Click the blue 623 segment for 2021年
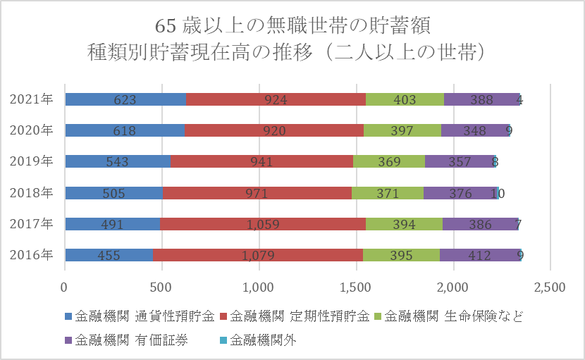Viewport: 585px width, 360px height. [x=125, y=99]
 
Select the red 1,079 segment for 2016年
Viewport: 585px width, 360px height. [x=258, y=255]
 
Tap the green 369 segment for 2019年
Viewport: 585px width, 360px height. [x=389, y=161]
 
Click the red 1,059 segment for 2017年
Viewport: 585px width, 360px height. [x=263, y=224]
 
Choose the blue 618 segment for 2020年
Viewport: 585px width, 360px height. [x=125, y=130]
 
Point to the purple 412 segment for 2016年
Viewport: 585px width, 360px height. [x=479, y=255]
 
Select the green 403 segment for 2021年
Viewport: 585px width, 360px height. [x=405, y=99]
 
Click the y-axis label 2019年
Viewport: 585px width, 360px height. [x=32, y=161]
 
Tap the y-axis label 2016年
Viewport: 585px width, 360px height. [x=32, y=255]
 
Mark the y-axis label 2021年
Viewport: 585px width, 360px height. [x=32, y=99]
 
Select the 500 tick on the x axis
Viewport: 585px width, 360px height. [x=162, y=287]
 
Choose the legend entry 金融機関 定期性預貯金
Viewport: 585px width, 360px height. [x=300, y=316]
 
